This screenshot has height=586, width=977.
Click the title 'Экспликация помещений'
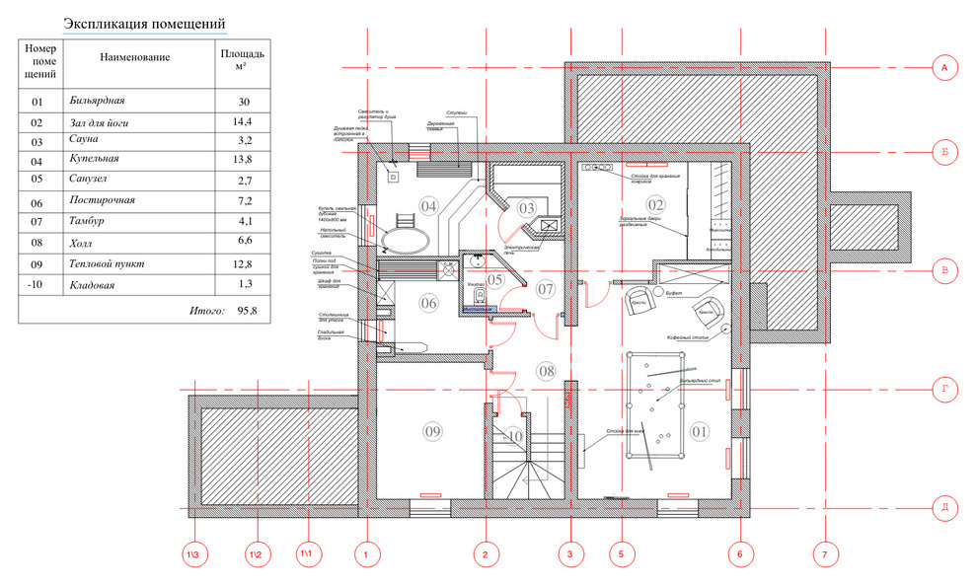tap(144, 24)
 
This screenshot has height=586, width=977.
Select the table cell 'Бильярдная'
tap(98, 102)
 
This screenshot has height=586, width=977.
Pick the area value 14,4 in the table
tap(243, 122)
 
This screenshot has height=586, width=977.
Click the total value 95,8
tap(247, 310)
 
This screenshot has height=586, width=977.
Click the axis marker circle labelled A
tap(943, 67)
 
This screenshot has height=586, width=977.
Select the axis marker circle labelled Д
tap(943, 508)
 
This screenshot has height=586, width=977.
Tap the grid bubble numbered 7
tap(824, 555)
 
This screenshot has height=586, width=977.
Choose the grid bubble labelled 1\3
tap(197, 555)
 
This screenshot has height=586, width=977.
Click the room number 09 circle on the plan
tap(432, 431)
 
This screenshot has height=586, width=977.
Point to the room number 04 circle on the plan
tap(428, 206)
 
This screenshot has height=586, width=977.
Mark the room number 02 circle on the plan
tap(656, 205)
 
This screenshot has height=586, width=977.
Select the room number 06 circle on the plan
tap(428, 303)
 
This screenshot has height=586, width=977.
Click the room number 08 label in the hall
tap(547, 371)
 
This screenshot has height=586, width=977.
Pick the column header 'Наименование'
tap(135, 57)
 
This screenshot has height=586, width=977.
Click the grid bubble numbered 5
tap(621, 555)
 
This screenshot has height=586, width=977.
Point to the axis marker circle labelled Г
tap(943, 391)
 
